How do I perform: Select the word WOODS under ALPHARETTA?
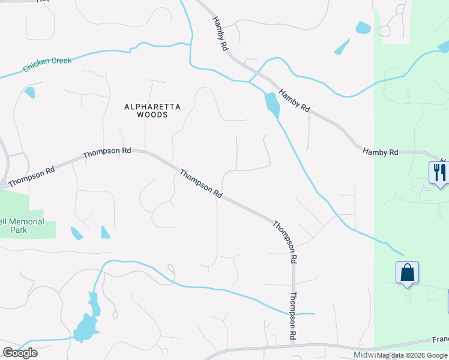click(x=152, y=115)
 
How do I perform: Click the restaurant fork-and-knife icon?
click(x=438, y=172)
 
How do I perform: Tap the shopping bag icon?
click(x=408, y=272)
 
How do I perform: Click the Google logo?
click(x=20, y=353)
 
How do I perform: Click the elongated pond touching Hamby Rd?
click(x=272, y=105)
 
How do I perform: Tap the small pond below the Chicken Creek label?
click(x=29, y=92)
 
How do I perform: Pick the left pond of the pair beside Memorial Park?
click(x=77, y=233)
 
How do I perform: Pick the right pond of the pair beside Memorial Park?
click(x=105, y=232)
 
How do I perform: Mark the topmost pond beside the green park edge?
click(x=363, y=28)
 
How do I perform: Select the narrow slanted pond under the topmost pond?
click(x=342, y=47)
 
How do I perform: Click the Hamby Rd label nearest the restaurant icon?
click(x=380, y=152)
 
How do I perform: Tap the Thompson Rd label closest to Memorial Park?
click(x=32, y=175)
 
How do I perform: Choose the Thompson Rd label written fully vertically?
click(x=294, y=316)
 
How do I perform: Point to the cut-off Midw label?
click(x=363, y=355)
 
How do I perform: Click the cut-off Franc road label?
click(x=440, y=340)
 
